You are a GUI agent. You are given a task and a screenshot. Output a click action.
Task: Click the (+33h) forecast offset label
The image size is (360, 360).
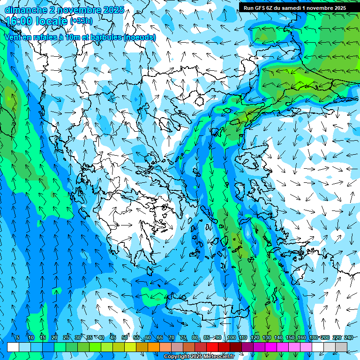coord(81,21)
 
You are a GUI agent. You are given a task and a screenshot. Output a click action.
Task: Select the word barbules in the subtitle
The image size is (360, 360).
coord(104,37)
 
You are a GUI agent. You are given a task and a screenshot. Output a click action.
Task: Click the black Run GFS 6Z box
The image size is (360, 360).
coord(294,7)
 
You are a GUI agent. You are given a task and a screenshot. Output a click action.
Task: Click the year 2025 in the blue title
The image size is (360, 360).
coord(114,10)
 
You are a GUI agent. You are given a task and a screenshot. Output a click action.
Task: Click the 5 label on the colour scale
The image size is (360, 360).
coord(18,337)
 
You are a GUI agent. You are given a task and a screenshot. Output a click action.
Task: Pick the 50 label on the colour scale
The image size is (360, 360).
coord(125,337)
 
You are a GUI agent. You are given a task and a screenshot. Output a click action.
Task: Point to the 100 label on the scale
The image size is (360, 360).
coord(232,337)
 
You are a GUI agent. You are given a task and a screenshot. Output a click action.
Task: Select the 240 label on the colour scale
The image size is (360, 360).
coord(349,337)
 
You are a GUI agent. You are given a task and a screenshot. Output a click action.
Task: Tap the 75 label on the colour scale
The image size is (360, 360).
coord(183,337)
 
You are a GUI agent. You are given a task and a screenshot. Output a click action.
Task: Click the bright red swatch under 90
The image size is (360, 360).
coord(212,347)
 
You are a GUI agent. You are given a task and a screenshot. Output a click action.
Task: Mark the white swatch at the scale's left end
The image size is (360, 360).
coord(13,347)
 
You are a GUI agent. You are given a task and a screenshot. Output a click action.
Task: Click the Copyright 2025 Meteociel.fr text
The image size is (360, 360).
coord(199,357)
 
